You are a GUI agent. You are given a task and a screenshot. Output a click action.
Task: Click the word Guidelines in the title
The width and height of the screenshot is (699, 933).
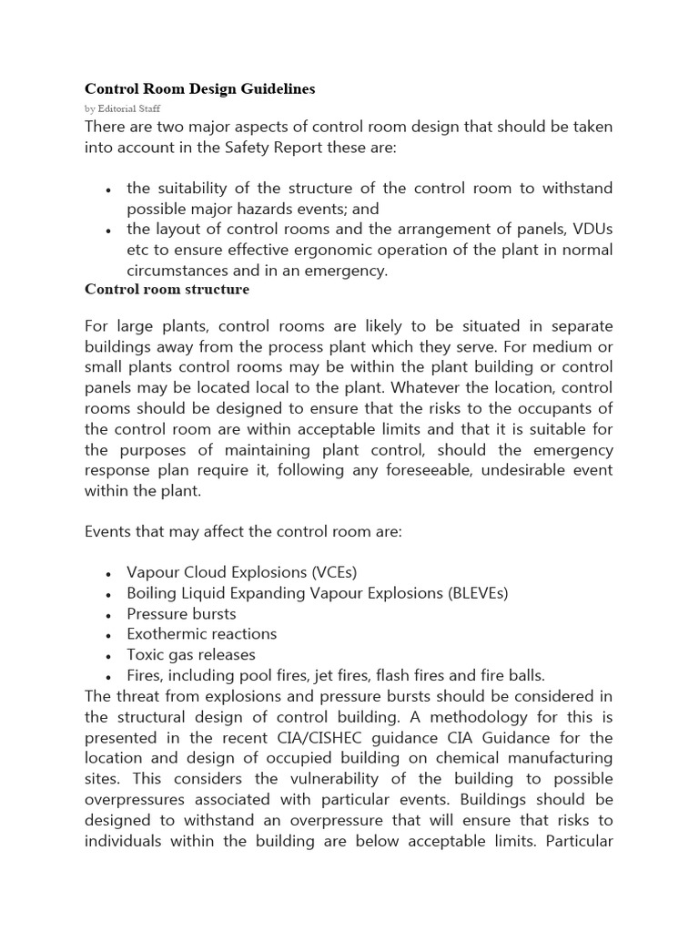coord(276,89)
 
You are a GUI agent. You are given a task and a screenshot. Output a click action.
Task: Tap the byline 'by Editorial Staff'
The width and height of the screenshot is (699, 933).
coord(122,108)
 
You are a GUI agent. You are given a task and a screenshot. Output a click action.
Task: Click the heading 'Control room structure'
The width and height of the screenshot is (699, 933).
coord(167,290)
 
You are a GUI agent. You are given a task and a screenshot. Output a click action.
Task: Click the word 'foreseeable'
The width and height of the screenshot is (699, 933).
coord(471,470)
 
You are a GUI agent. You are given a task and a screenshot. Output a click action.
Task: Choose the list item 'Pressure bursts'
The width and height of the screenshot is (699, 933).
coord(181,613)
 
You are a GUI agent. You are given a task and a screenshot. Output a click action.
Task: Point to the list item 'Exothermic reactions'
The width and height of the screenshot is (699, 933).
coord(202,634)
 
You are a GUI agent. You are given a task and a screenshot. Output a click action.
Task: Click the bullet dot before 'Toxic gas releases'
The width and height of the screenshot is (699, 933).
coord(108,656)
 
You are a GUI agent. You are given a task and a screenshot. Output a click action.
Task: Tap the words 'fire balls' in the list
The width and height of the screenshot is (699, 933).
coord(513,675)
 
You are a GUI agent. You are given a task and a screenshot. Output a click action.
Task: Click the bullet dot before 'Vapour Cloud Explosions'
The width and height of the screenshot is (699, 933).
coord(108,574)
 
